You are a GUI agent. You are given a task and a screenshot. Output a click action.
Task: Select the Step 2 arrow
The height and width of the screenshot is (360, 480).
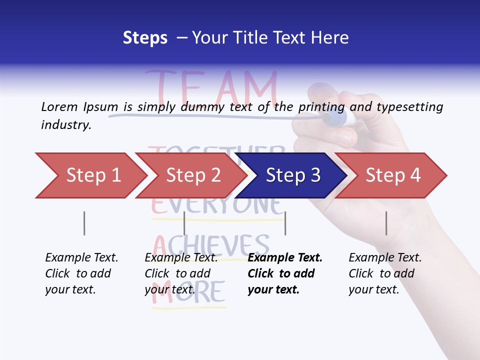192,175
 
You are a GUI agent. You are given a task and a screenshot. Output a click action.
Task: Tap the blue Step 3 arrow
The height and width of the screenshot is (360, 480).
292,175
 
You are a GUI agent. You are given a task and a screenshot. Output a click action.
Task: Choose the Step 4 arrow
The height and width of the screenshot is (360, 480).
392,175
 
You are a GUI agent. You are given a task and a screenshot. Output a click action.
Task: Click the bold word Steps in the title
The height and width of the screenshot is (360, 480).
145,37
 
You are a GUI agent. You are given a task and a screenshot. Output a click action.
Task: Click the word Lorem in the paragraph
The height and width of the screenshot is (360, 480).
59,106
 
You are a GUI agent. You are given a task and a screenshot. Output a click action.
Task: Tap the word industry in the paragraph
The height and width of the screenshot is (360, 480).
65,125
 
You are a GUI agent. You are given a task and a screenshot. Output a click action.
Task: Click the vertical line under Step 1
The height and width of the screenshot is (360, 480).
84,223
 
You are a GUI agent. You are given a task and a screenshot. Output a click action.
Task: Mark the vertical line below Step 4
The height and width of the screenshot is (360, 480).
386,223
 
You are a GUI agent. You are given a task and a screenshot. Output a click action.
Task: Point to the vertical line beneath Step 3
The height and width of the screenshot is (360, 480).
285,223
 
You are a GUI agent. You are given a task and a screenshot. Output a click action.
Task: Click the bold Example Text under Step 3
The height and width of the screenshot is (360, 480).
285,257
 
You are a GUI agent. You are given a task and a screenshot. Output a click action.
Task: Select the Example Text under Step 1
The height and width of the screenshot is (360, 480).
81,257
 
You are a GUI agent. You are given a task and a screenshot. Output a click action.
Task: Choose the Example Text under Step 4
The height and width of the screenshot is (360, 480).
385,257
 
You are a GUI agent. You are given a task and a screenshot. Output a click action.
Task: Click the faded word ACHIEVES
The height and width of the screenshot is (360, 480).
210,245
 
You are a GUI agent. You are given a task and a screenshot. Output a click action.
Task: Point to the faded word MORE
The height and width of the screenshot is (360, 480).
188,292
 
